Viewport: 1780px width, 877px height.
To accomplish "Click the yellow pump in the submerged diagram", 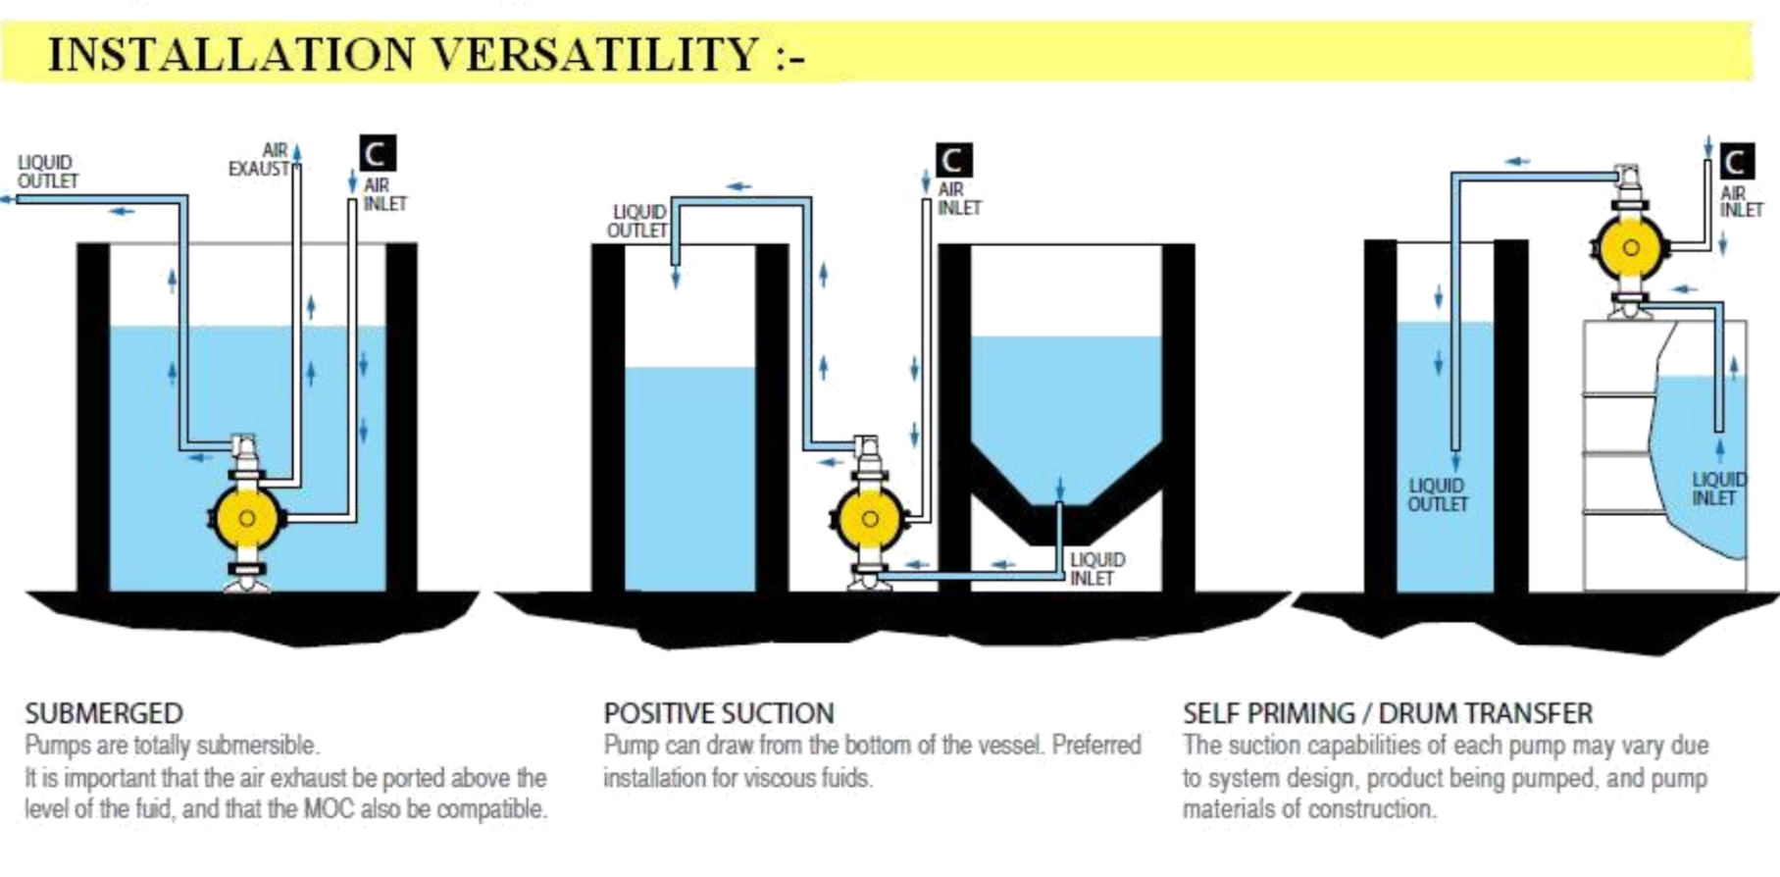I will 246,518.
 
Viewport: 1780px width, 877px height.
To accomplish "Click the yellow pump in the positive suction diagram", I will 869,519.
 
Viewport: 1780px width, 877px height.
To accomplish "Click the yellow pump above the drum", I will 1630,247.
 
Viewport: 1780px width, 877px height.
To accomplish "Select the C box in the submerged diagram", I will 377,154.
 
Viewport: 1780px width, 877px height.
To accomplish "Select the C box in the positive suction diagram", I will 952,160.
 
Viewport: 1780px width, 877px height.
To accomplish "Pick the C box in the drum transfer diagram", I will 1734,162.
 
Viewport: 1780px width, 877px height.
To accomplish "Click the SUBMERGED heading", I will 104,713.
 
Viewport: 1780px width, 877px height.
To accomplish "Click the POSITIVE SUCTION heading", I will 719,713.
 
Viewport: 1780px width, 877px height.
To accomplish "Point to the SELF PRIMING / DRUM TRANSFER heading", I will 1387,713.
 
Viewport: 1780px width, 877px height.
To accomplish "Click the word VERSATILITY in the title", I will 595,53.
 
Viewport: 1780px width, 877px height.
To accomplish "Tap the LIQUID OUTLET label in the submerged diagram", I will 47,172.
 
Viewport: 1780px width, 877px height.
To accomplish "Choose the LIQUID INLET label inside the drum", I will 1717,489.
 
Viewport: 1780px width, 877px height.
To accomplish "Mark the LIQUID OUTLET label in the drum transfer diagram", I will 1438,494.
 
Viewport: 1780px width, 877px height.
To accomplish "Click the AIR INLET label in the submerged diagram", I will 384,194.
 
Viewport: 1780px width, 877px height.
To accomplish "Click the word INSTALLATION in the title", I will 231,53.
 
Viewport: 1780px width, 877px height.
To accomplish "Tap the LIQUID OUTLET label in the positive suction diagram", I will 637,221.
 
